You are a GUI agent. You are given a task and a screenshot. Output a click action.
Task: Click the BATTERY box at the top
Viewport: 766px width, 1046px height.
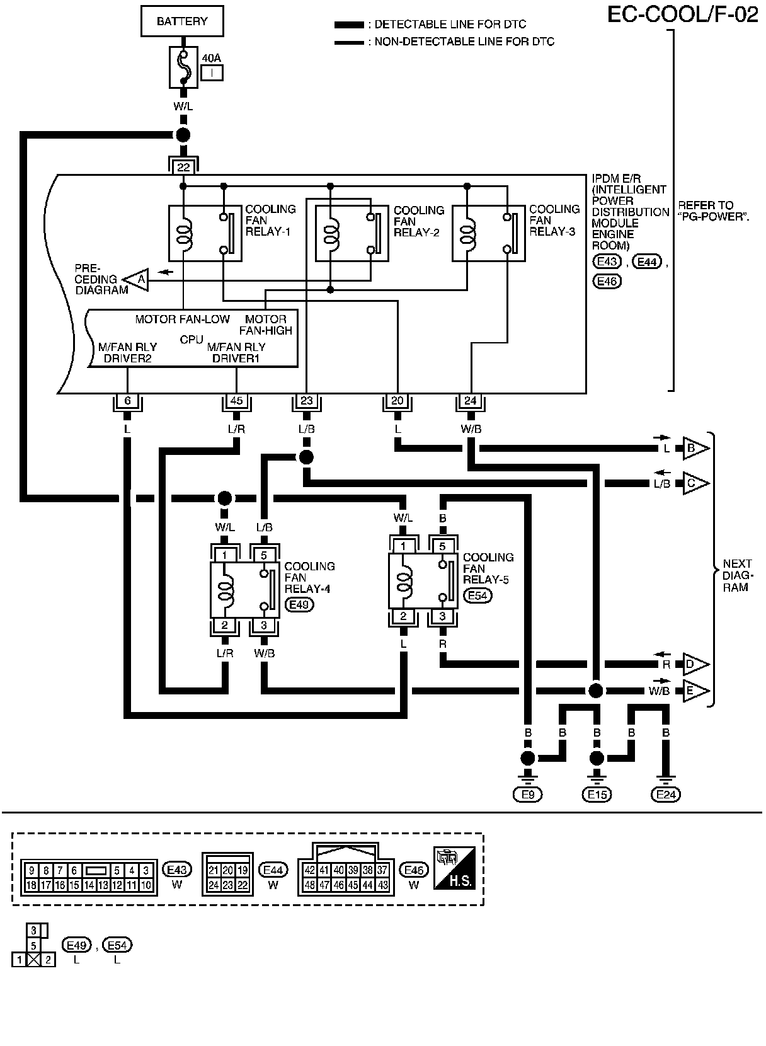pyautogui.click(x=182, y=21)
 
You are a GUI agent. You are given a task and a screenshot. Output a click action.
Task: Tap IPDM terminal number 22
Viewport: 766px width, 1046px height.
pyautogui.click(x=183, y=167)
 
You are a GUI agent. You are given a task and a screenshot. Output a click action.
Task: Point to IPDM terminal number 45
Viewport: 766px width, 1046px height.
pyautogui.click(x=236, y=401)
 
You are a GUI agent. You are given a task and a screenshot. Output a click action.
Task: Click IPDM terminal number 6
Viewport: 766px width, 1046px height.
pyautogui.click(x=127, y=401)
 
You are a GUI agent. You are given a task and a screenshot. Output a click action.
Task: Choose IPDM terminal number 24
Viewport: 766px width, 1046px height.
pyautogui.click(x=471, y=401)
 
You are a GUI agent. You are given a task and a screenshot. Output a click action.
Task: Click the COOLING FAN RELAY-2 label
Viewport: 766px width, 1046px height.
pyautogui.click(x=418, y=221)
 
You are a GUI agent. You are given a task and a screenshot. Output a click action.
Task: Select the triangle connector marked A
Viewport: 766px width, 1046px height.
pyautogui.click(x=139, y=279)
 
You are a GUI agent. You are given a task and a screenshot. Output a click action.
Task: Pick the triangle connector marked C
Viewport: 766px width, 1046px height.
pyautogui.click(x=694, y=483)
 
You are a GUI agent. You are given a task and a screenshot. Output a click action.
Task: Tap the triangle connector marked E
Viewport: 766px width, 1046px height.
pyautogui.click(x=694, y=691)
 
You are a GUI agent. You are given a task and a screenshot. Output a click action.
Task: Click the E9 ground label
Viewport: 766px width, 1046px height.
pyautogui.click(x=528, y=795)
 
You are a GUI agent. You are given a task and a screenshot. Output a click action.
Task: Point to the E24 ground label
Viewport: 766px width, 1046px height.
pyautogui.click(x=665, y=795)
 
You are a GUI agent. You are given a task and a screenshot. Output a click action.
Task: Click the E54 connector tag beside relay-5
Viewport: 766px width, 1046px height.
pyautogui.click(x=477, y=595)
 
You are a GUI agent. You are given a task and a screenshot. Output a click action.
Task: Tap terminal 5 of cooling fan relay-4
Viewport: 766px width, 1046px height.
pyautogui.click(x=264, y=555)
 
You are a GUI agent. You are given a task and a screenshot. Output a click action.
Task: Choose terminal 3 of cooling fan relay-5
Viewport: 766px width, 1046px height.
pyautogui.click(x=442, y=616)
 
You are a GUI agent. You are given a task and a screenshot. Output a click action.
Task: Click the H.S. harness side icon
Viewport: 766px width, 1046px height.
pyautogui.click(x=454, y=869)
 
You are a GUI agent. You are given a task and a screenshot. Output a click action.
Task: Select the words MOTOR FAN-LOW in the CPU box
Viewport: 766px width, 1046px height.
pyautogui.click(x=183, y=319)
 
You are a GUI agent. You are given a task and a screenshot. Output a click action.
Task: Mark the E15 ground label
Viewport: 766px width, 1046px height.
pyautogui.click(x=597, y=795)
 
